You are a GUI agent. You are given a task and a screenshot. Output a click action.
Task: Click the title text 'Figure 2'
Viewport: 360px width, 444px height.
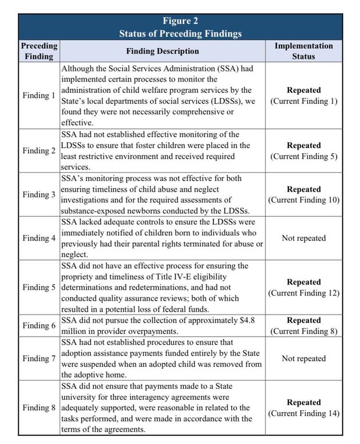click(x=180, y=21)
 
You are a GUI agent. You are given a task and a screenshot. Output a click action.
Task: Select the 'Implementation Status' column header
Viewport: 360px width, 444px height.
click(x=304, y=51)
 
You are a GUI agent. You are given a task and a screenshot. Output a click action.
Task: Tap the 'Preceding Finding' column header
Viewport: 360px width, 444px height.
click(x=39, y=51)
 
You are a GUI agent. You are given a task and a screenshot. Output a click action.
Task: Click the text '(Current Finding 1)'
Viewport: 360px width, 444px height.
click(x=304, y=101)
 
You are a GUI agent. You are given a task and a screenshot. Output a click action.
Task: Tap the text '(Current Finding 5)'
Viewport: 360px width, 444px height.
click(x=304, y=156)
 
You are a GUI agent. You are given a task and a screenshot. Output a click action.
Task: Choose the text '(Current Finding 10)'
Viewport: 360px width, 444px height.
click(x=304, y=200)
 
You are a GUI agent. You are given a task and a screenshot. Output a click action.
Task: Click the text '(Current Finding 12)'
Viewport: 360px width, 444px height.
click(x=304, y=293)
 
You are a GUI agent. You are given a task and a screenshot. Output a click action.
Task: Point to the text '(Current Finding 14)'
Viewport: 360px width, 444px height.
click(x=304, y=413)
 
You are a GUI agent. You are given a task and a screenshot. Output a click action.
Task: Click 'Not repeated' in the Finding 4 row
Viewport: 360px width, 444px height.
click(x=304, y=238)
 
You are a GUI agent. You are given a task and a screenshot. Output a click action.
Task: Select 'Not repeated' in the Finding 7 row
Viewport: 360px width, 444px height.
click(x=304, y=358)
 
